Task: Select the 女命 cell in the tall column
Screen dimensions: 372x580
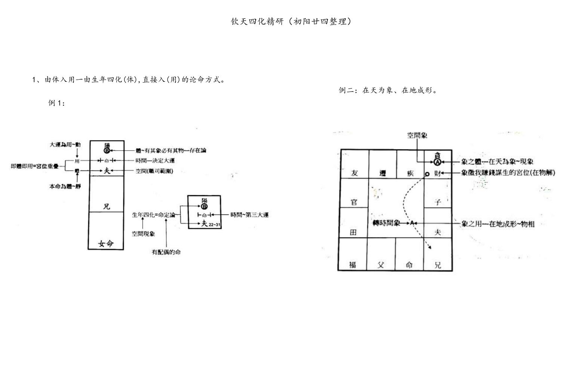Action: click(106, 244)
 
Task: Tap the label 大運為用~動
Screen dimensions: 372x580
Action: click(65, 145)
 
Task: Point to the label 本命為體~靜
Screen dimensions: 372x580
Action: click(65, 186)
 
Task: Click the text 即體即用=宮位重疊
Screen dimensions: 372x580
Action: click(35, 166)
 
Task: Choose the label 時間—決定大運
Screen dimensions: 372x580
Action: click(155, 161)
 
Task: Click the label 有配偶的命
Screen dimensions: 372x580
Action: click(166, 252)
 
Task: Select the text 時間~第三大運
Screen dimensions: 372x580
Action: click(249, 215)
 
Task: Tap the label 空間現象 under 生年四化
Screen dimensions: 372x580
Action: click(143, 233)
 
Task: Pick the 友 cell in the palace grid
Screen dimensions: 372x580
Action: click(354, 173)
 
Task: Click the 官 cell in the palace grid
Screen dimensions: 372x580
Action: click(354, 202)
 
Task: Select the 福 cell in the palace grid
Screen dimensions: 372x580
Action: click(352, 265)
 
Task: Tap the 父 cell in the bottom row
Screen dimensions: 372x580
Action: click(381, 265)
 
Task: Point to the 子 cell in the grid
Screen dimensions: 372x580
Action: click(438, 202)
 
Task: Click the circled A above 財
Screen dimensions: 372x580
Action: click(437, 162)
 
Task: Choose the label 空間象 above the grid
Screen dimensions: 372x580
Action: click(417, 136)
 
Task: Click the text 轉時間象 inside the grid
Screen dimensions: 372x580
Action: click(386, 223)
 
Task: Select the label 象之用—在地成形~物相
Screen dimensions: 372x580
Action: click(498, 224)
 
